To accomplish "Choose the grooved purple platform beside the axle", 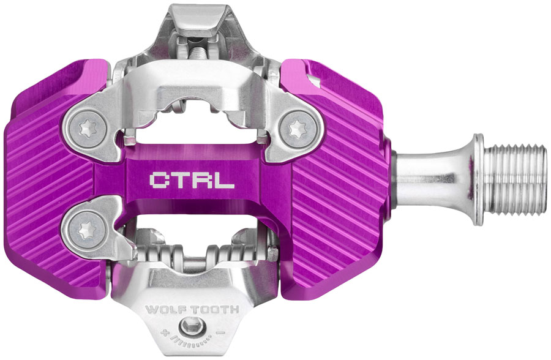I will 343,184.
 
